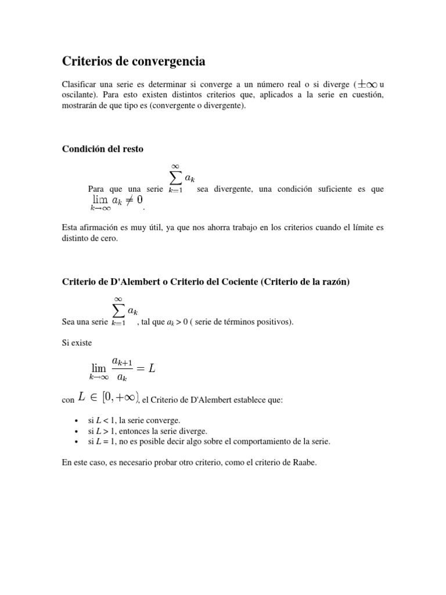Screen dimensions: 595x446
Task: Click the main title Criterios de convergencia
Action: pyautogui.click(x=134, y=61)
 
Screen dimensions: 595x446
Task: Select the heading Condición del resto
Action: pyautogui.click(x=102, y=149)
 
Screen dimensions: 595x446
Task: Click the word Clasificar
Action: pyautogui.click(x=78, y=84)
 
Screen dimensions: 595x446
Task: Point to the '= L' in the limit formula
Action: pyautogui.click(x=148, y=369)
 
